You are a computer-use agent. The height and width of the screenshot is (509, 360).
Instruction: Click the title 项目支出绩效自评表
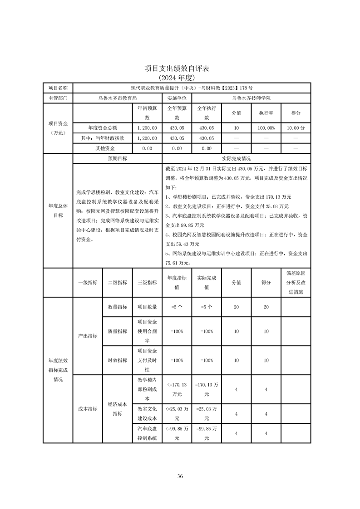tap(180, 69)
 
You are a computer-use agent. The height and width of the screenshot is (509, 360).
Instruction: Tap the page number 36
tap(180, 476)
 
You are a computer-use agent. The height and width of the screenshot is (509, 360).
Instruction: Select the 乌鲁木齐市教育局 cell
tap(118, 98)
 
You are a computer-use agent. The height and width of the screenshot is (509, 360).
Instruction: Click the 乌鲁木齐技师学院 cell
tap(251, 98)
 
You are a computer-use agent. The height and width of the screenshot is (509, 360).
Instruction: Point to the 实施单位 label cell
tap(177, 98)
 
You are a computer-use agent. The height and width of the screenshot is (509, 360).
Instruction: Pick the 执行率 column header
tap(266, 113)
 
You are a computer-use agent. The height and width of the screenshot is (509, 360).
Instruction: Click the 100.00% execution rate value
tap(266, 128)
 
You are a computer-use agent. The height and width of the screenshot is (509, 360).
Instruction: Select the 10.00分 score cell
tap(296, 128)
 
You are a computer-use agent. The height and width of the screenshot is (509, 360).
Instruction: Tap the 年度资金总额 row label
tap(103, 128)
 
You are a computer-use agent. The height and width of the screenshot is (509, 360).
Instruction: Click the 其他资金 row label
tap(103, 148)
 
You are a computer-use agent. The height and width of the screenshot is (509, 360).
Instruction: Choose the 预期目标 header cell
tap(118, 159)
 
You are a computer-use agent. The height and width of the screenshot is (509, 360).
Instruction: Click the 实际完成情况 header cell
tap(237, 159)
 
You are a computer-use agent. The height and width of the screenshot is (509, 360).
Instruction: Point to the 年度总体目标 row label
tap(58, 210)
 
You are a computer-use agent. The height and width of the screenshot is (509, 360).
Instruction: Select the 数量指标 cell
tap(118, 307)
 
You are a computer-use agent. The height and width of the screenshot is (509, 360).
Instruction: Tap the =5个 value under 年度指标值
tap(177, 307)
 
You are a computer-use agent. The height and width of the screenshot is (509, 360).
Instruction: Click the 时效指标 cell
tap(118, 360)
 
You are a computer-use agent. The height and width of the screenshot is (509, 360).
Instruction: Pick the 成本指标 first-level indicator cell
tap(88, 409)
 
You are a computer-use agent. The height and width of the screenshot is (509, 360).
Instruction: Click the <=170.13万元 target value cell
tap(177, 389)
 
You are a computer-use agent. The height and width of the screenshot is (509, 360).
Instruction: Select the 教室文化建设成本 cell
tap(147, 413)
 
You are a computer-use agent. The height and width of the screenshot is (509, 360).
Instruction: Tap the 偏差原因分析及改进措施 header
tap(296, 282)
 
